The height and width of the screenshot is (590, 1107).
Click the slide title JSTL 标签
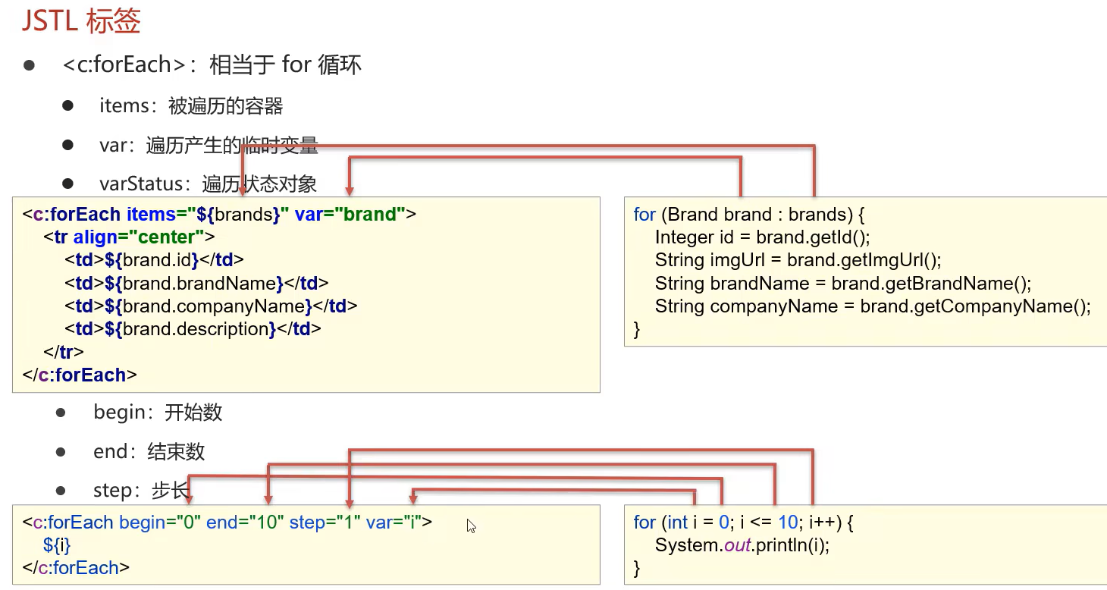click(81, 21)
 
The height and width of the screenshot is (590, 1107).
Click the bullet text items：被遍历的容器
click(191, 105)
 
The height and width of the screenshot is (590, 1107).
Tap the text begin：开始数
click(158, 412)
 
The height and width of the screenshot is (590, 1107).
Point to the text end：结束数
click(149, 452)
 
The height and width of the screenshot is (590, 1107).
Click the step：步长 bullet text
click(141, 491)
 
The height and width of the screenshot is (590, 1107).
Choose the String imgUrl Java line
click(798, 260)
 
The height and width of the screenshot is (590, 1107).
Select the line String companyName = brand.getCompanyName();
click(873, 306)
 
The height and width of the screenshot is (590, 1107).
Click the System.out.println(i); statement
click(742, 545)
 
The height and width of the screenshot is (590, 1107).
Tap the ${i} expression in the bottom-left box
click(57, 544)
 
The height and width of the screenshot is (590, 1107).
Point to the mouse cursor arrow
click(472, 526)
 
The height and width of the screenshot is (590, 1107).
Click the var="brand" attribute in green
click(350, 214)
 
